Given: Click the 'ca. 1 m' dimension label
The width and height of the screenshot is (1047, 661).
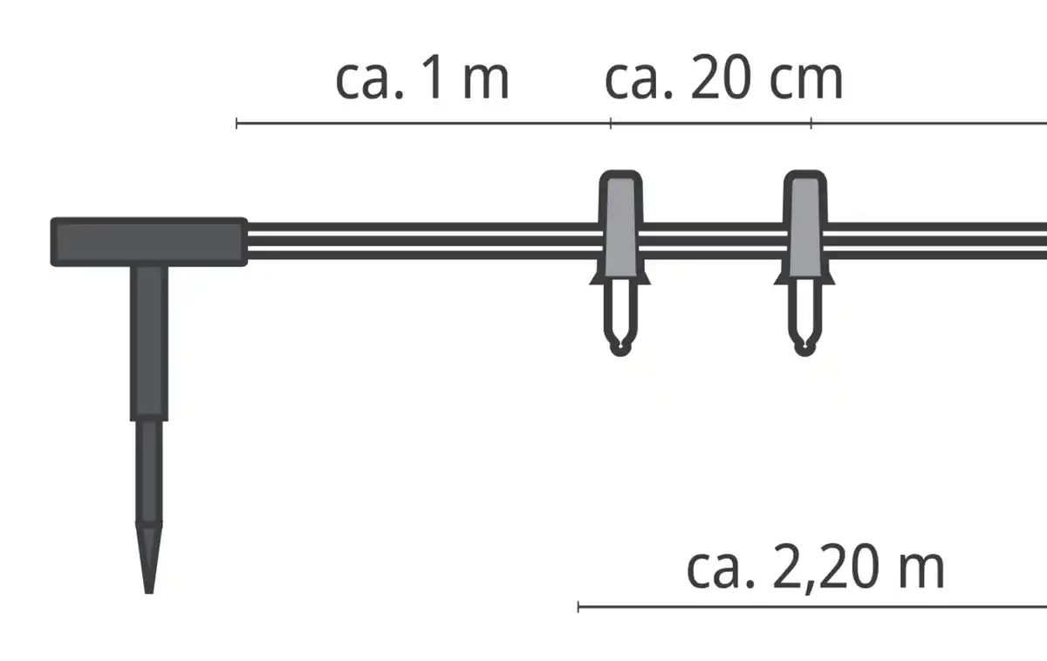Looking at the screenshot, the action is click(x=422, y=77).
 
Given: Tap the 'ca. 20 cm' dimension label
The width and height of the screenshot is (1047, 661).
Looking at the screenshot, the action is click(x=724, y=77).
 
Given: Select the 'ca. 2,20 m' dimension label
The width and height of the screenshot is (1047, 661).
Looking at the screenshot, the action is click(x=816, y=567).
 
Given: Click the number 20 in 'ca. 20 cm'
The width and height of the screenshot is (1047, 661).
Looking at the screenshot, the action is click(x=722, y=77).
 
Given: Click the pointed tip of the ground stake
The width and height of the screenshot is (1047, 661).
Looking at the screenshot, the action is click(x=149, y=593).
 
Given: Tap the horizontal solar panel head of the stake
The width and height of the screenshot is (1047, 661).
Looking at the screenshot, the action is click(x=149, y=242).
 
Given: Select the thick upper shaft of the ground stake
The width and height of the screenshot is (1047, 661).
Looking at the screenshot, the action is click(x=149, y=344).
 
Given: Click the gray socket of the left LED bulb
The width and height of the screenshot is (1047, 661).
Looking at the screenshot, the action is click(x=620, y=228).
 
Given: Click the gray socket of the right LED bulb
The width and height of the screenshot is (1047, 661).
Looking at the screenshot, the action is click(x=804, y=228).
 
